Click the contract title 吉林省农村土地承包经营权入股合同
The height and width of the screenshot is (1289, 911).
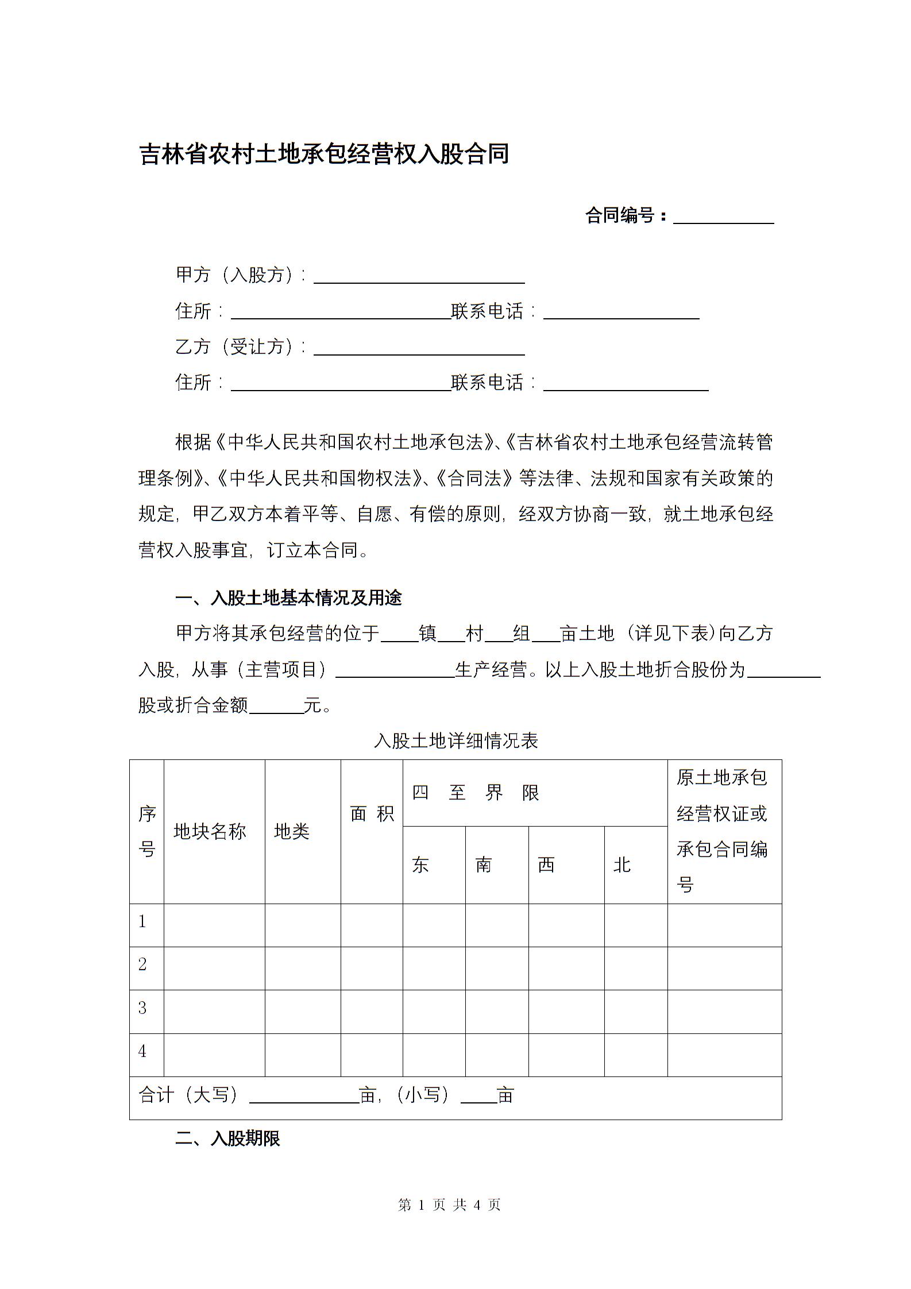point(324,155)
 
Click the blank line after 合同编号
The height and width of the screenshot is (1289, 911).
point(723,217)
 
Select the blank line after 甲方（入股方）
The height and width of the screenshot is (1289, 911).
point(419,277)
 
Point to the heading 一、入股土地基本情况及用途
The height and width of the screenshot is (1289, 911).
point(288,598)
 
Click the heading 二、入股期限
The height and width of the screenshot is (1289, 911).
point(227,1138)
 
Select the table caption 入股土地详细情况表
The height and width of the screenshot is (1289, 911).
point(455,740)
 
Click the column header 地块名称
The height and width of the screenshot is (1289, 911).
point(210,831)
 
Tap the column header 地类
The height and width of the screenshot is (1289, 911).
point(292,831)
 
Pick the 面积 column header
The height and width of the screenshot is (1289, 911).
point(372,813)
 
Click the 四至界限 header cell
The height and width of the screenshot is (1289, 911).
point(476,793)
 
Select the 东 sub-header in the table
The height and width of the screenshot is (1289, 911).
point(420,865)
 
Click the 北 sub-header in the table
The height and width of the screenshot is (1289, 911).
point(622,865)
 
